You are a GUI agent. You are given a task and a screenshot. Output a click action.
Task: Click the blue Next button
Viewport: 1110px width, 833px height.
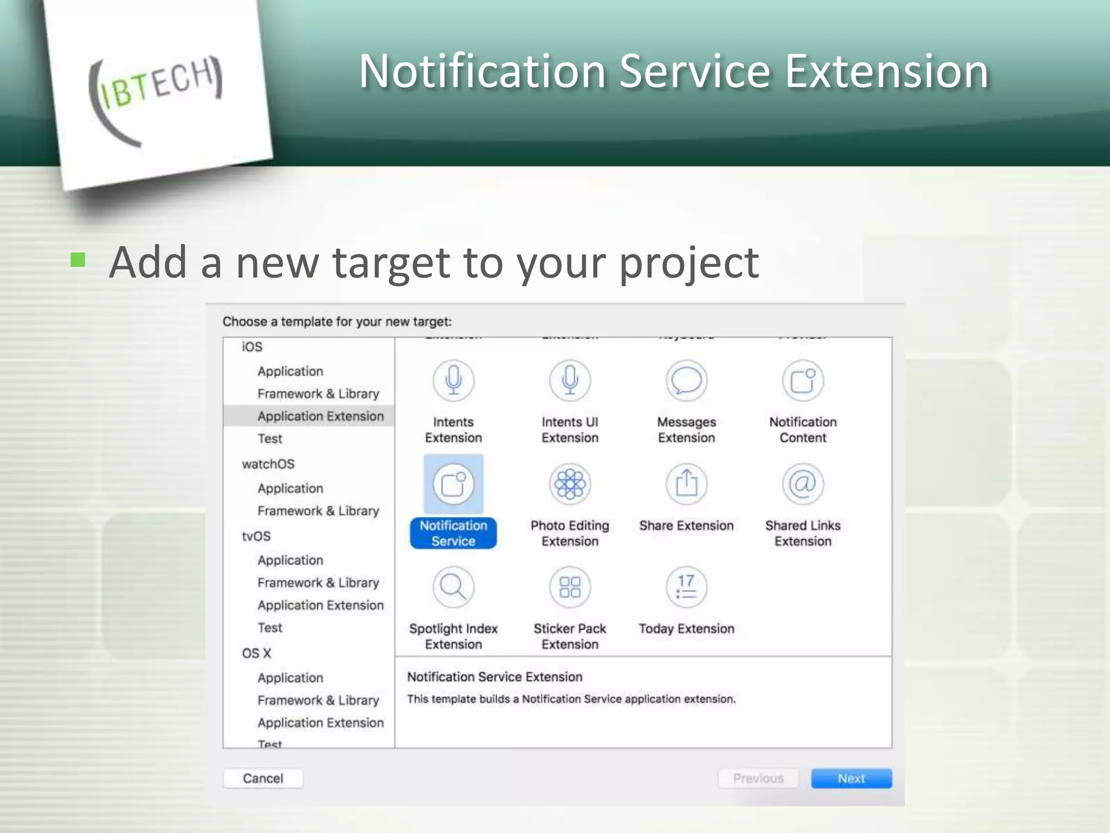[x=851, y=778]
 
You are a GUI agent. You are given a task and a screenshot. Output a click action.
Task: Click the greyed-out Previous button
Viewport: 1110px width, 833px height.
[x=758, y=778]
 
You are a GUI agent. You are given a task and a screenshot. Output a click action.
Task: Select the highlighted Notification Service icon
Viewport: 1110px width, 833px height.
[x=453, y=484]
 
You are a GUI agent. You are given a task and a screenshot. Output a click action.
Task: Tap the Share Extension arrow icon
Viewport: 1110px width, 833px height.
[x=686, y=484]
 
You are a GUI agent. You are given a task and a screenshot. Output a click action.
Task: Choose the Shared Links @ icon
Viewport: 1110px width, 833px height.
[x=803, y=484]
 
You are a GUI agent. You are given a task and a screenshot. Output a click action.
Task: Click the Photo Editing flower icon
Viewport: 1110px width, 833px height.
[x=570, y=484]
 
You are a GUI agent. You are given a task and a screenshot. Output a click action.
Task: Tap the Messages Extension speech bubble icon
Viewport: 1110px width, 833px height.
[x=686, y=381]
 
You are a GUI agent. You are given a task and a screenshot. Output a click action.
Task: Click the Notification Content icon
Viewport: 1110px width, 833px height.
[x=803, y=381]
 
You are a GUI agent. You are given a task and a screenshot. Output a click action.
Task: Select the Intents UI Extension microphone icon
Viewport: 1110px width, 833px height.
[x=570, y=381]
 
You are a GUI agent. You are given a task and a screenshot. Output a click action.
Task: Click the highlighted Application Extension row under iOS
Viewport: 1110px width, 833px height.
[x=320, y=416]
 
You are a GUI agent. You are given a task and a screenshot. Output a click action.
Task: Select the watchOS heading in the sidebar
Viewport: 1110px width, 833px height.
[x=268, y=464]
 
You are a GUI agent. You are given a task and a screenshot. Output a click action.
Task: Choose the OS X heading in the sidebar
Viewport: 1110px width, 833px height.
[x=256, y=653]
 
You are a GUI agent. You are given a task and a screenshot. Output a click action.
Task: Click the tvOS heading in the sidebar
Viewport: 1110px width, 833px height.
[x=256, y=536]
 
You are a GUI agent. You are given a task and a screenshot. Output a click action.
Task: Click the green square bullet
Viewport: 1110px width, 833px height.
[x=78, y=260]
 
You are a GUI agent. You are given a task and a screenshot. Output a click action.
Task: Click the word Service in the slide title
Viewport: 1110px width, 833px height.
[x=695, y=72]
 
